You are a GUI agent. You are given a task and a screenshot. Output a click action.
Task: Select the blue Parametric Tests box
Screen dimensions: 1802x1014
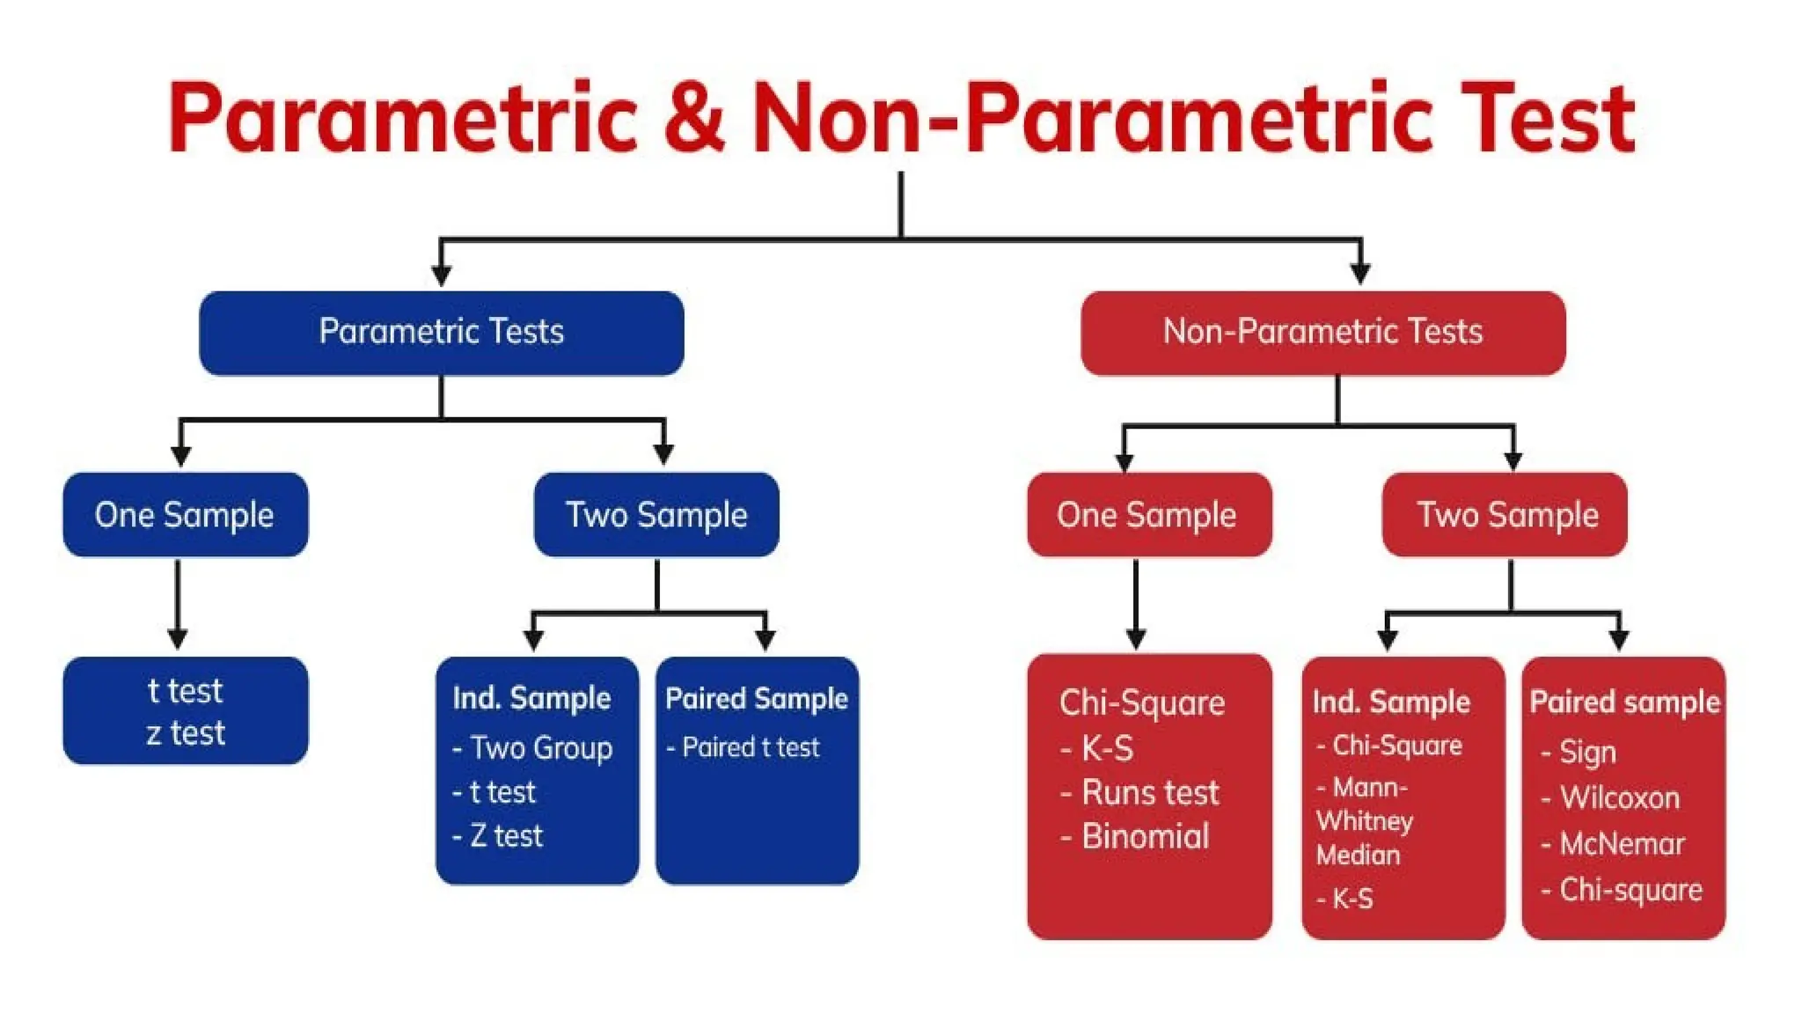[441, 333]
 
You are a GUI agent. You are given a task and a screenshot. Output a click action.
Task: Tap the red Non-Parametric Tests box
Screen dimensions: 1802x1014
[1322, 333]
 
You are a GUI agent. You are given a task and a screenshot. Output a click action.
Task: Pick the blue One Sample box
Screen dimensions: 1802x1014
[185, 515]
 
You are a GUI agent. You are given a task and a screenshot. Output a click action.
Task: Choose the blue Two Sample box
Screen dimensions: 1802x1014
[656, 515]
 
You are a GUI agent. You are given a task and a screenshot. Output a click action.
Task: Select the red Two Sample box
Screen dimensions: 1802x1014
[1505, 515]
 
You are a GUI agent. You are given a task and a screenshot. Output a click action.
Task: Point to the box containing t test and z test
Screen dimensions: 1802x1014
[186, 710]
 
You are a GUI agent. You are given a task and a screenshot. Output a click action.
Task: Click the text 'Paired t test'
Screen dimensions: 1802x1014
[751, 747]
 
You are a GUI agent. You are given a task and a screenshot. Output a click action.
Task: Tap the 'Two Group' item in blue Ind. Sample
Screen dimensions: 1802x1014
[540, 748]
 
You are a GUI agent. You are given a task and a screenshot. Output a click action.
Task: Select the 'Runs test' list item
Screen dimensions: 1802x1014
[1150, 793]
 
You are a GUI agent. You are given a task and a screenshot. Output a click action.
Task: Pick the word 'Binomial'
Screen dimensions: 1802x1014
[1146, 836]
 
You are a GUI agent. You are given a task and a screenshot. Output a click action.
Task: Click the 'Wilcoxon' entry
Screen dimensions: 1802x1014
[1619, 798]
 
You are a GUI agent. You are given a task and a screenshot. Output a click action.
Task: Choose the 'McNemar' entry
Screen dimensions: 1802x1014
[1622, 844]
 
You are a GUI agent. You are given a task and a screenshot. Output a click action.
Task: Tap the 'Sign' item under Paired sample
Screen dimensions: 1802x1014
[1587, 753]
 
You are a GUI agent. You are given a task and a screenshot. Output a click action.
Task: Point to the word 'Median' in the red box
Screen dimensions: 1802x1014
[1358, 855]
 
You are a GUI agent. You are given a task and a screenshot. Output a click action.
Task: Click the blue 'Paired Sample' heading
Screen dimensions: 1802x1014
[757, 699]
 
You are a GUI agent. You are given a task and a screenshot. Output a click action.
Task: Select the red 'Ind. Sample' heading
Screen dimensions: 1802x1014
[1391, 702]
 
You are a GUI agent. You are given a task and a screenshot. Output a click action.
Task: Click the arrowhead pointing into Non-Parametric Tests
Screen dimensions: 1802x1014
[1360, 274]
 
